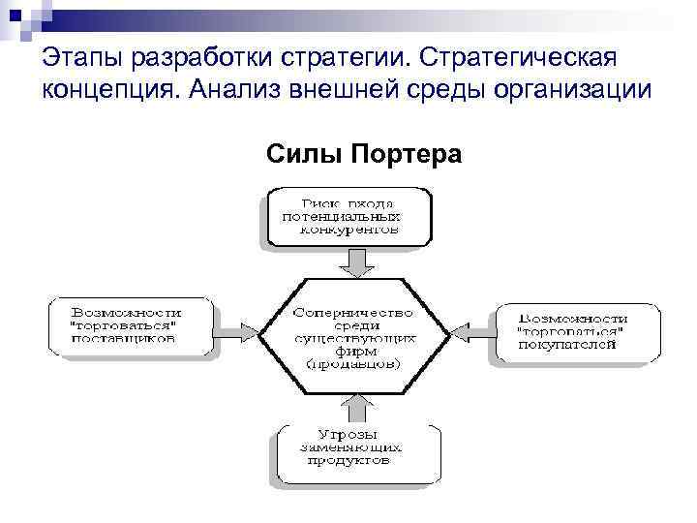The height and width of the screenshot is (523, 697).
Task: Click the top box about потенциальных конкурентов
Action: pyautogui.click(x=348, y=217)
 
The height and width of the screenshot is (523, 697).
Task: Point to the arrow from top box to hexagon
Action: pyautogui.click(x=353, y=261)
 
